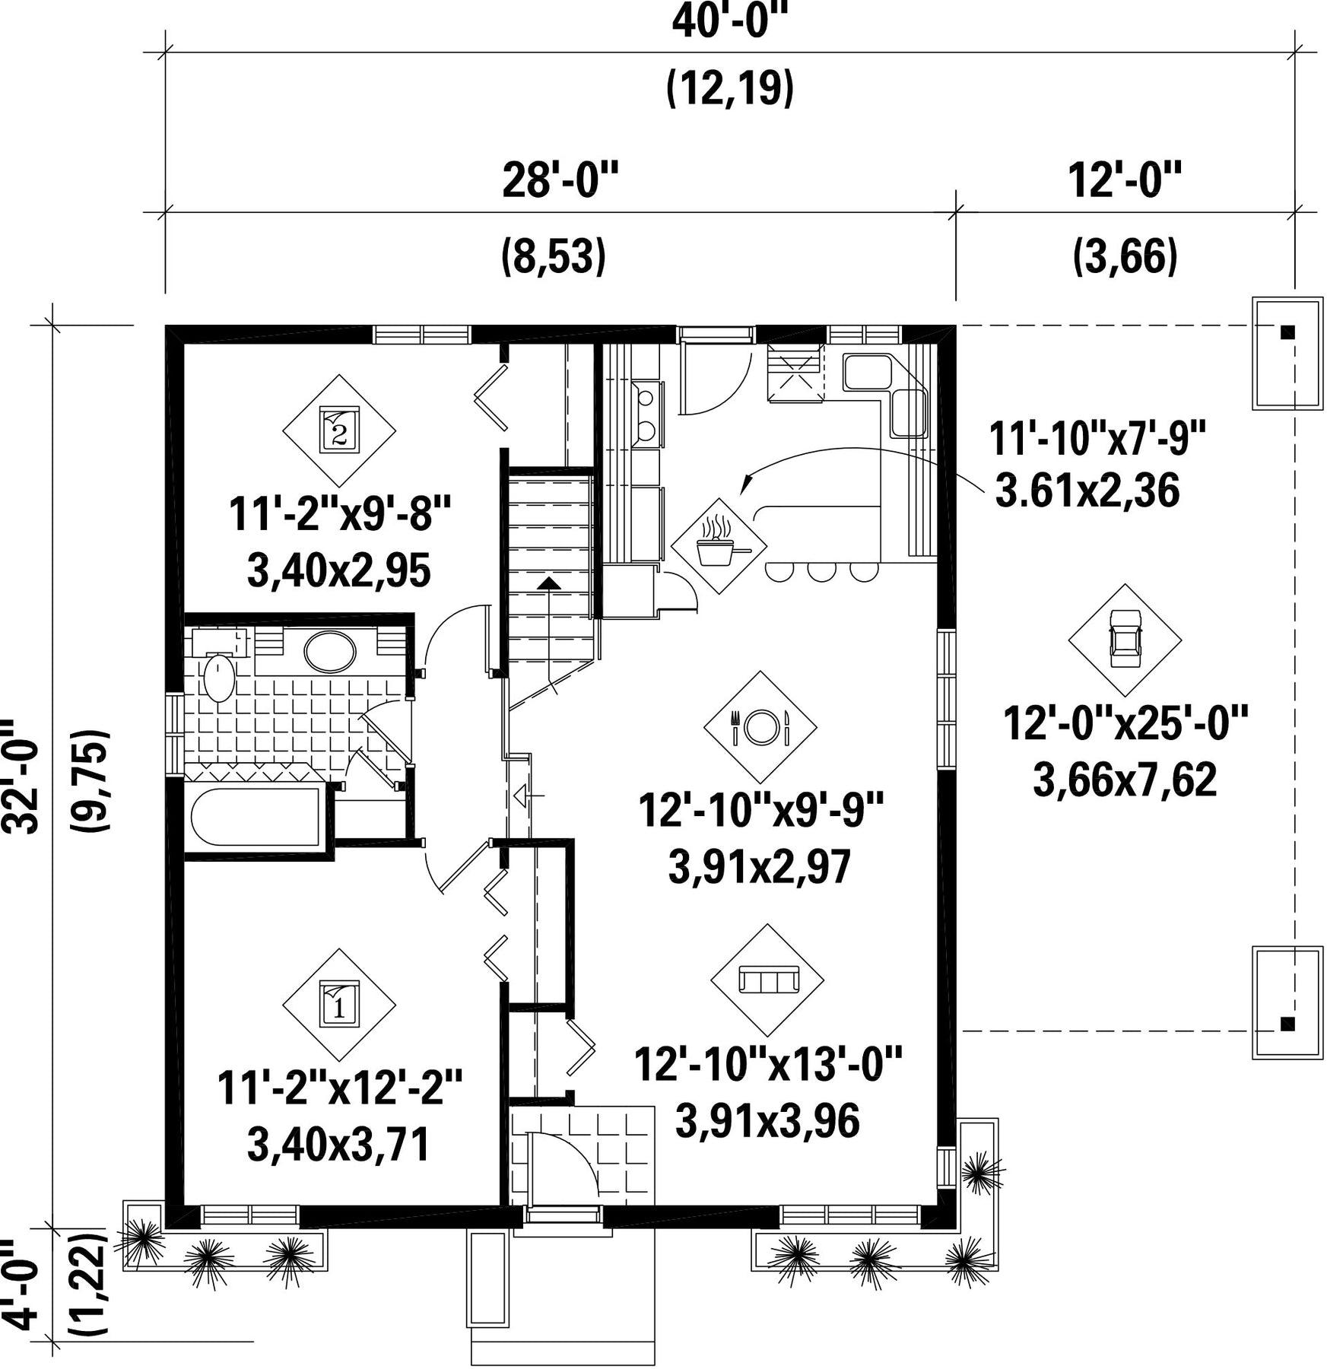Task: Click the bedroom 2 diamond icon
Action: tap(339, 430)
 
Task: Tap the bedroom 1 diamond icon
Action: tap(339, 1005)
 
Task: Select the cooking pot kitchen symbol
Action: tap(719, 545)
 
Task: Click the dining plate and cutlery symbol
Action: tap(760, 727)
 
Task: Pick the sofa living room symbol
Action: tap(767, 980)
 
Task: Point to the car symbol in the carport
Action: tap(1125, 640)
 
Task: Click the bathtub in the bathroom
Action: tap(256, 817)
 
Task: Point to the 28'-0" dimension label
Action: tap(560, 181)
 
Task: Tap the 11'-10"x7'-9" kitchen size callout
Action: tap(1097, 439)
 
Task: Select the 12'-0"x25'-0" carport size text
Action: tap(1125, 723)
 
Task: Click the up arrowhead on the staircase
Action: tap(548, 583)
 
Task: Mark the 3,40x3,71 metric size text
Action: tap(339, 1145)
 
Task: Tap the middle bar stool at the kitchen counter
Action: tap(822, 571)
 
